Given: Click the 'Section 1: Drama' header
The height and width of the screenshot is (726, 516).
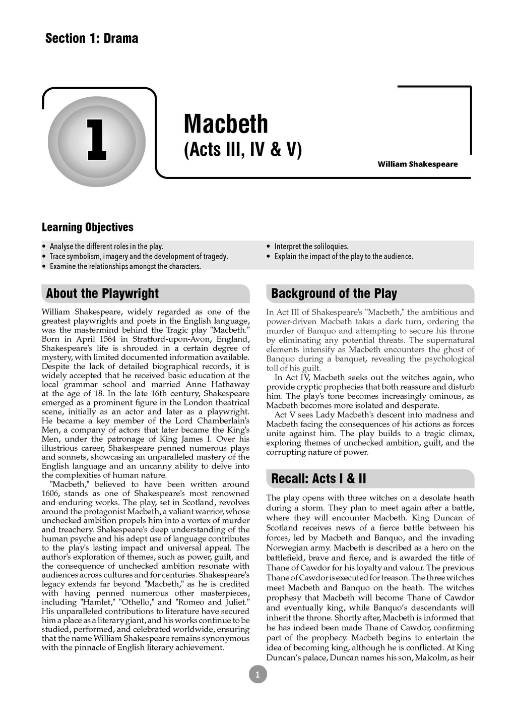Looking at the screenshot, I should coord(92,38).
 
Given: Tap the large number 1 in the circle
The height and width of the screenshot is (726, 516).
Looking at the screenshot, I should coord(97,140).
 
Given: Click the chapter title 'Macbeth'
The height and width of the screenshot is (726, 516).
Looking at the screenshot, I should coord(226,124).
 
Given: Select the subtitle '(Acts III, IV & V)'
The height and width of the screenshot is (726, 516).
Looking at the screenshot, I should coord(242,150).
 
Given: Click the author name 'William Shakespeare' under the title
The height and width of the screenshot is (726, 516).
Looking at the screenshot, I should coord(417,164).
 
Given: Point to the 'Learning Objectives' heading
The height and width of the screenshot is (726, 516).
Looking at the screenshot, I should coord(88,227).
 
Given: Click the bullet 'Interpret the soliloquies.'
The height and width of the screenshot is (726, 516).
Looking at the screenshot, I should coord(311,247).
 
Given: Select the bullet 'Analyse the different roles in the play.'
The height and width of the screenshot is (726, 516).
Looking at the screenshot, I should coord(106,247).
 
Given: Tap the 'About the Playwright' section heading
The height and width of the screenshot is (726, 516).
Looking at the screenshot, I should coord(102,293).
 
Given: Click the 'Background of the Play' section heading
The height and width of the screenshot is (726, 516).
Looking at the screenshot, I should coord(334,293).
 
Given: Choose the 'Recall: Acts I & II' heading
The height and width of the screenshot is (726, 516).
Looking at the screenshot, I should coord(318,478).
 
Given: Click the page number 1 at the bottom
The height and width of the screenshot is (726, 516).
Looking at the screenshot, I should coord(257,675).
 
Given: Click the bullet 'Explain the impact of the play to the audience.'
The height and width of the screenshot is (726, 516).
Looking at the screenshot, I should coord(343,257).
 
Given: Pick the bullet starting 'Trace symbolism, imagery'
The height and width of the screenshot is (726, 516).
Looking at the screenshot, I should coord(139,257).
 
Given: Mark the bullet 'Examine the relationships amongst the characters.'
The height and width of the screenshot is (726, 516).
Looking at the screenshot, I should coord(125,266).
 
